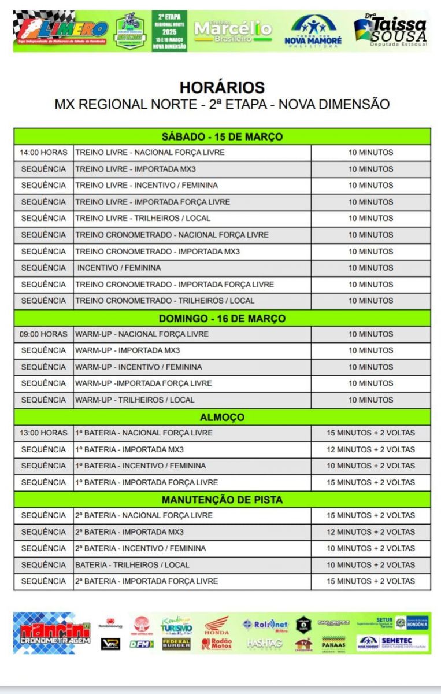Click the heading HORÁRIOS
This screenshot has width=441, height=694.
pyautogui.click(x=222, y=87)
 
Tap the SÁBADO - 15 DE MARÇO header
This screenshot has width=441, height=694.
pyautogui.click(x=222, y=136)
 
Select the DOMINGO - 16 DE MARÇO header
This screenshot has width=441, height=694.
pyautogui.click(x=222, y=318)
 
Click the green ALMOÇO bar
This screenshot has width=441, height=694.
pyautogui.click(x=222, y=417)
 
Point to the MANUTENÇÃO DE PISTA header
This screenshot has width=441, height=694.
pyautogui.click(x=222, y=499)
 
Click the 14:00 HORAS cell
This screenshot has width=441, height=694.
pyautogui.click(x=43, y=153)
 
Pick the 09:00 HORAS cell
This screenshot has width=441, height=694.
pyautogui.click(x=43, y=334)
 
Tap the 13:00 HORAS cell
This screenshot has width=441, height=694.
pyautogui.click(x=43, y=433)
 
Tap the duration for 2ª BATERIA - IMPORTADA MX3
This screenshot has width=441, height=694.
pyautogui.click(x=370, y=532)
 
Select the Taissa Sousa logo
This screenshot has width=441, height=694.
pyautogui.click(x=391, y=31)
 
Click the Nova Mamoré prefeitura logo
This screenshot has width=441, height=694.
pyautogui.click(x=313, y=31)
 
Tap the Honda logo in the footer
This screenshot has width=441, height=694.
pyautogui.click(x=217, y=626)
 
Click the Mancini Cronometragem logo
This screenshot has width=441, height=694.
pyautogui.click(x=52, y=633)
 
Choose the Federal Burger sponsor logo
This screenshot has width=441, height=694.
pyautogui.click(x=176, y=644)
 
